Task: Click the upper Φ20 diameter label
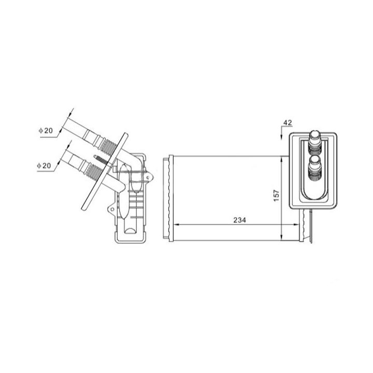tap(46, 131)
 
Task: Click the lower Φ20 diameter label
tap(44, 165)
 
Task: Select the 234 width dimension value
tap(239, 220)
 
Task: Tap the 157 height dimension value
tap(276, 195)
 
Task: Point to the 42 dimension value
tap(288, 122)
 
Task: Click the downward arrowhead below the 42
tap(281, 137)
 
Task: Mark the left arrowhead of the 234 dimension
tap(178, 224)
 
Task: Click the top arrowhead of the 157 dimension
tap(281, 160)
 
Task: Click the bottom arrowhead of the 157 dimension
tap(281, 237)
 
